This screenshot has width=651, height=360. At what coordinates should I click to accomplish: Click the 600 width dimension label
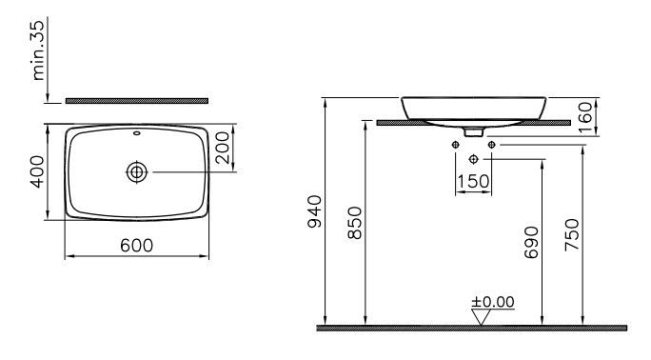tap(137, 246)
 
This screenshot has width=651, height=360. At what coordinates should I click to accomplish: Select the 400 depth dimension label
tap(37, 171)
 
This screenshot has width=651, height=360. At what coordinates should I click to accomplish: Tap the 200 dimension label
tap(222, 148)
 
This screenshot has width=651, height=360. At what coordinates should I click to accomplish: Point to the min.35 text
tap(37, 50)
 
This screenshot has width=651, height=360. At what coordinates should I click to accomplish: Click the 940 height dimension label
tap(314, 211)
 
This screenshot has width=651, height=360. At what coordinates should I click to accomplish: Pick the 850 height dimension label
tap(355, 223)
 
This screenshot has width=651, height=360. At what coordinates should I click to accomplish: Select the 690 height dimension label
tap(531, 243)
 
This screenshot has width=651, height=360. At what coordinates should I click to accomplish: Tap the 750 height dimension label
tap(572, 234)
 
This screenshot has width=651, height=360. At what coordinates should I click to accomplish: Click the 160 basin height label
tap(584, 117)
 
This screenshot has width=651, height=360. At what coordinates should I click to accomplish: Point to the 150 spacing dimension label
tap(473, 181)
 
